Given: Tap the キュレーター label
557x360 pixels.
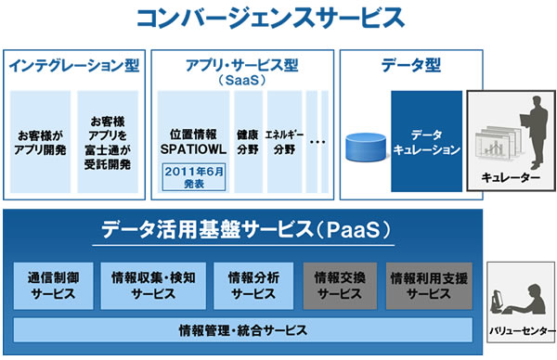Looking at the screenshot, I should [x=511, y=176].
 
